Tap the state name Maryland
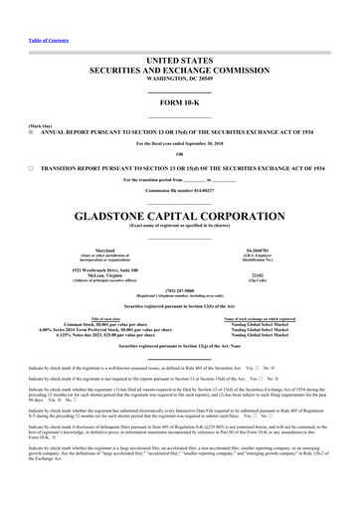(x=90, y=250)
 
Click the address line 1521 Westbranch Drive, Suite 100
(x=90, y=270)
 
